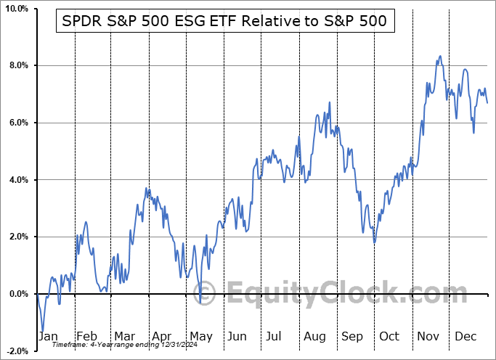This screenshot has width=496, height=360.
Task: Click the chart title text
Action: [226, 22]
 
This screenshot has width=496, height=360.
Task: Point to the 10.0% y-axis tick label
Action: [16, 9]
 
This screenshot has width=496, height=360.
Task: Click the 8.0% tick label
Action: [18, 66]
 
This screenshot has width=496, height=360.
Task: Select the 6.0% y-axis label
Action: [18, 123]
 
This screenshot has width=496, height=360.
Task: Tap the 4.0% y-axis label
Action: [18, 180]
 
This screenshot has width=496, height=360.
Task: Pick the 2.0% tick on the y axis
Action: [18, 237]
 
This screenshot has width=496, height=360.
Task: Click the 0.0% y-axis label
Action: [18, 294]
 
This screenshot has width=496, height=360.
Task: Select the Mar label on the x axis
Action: [124, 336]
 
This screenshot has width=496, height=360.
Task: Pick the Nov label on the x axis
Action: [428, 336]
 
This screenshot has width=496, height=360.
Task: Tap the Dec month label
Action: [465, 336]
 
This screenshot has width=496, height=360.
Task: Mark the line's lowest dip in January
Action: [43, 330]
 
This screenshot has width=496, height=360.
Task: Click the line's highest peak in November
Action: [439, 56]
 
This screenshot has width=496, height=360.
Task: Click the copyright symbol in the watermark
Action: [206, 294]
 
